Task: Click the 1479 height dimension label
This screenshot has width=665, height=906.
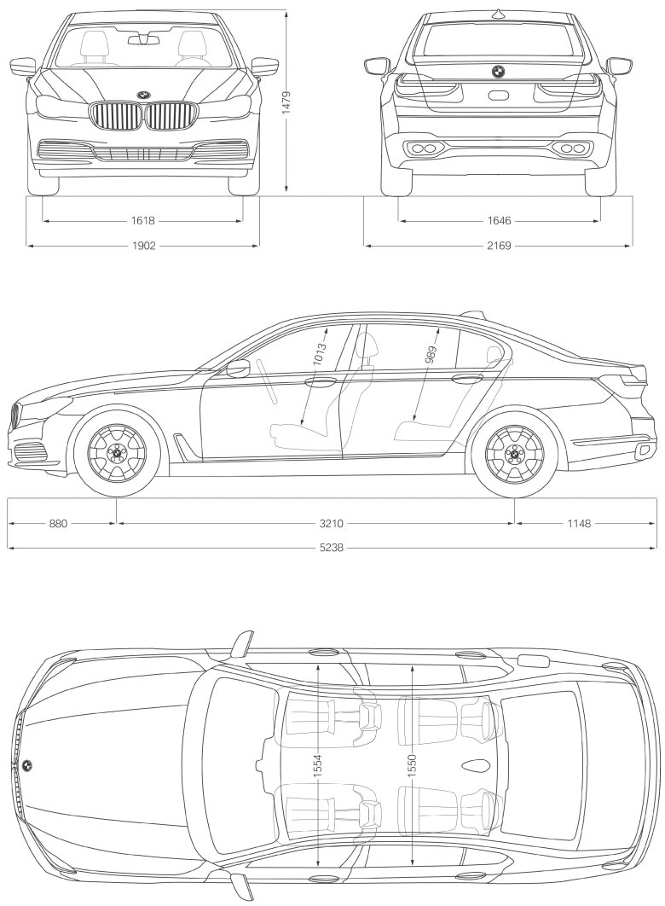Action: tap(287, 104)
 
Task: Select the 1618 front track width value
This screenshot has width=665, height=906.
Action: tap(143, 221)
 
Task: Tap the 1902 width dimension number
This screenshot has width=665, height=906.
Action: tap(144, 247)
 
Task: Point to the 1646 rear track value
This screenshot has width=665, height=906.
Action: tap(500, 221)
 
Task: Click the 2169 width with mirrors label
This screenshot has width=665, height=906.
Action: tap(499, 247)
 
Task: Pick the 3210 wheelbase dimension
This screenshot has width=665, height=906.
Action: tap(332, 524)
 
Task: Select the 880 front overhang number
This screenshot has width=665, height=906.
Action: tap(58, 524)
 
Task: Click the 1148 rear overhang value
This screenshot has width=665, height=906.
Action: tap(579, 524)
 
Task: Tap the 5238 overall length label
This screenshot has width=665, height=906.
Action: tap(332, 548)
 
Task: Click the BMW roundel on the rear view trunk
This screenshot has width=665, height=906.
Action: tap(498, 71)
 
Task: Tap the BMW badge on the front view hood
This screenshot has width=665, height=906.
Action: tap(143, 95)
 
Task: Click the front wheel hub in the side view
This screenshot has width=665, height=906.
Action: tap(117, 453)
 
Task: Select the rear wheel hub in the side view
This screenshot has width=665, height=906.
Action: tap(514, 453)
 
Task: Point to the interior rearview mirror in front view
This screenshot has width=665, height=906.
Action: tap(144, 39)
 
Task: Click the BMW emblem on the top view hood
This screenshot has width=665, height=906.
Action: tap(26, 766)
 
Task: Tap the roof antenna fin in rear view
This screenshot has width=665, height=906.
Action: tap(498, 14)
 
